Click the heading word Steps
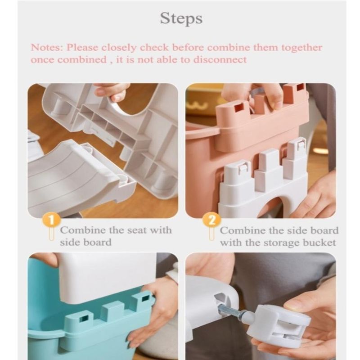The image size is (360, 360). (181, 18)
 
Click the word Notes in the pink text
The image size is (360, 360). (46, 48)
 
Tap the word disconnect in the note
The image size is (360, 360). (220, 60)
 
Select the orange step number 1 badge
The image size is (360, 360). (51, 220)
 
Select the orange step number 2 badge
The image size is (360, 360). (211, 220)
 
